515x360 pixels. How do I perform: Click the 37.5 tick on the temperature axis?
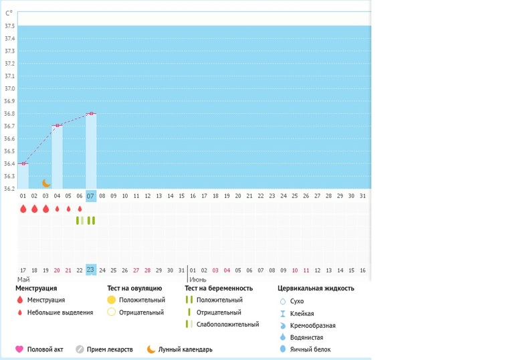click(x=9, y=26)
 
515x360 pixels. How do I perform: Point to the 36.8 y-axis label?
click(x=9, y=114)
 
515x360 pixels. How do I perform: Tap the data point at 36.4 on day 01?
click(x=23, y=163)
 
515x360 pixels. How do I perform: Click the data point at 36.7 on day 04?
click(x=58, y=126)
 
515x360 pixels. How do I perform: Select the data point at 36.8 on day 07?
click(x=91, y=114)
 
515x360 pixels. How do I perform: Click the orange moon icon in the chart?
click(x=46, y=183)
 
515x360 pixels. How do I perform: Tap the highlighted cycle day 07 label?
click(x=91, y=195)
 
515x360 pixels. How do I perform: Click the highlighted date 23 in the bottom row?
click(x=91, y=270)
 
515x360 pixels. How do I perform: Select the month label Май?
click(x=23, y=279)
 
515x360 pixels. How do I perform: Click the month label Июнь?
click(x=197, y=279)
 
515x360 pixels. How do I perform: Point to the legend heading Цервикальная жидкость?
click(x=316, y=288)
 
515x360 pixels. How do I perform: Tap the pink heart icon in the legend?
click(x=19, y=349)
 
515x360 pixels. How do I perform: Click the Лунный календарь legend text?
click(x=185, y=349)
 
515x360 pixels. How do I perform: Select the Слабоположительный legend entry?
click(x=227, y=325)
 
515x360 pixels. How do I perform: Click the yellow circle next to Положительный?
click(x=112, y=300)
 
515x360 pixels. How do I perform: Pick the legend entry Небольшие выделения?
click(x=60, y=312)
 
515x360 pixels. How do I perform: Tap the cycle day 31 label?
click(x=363, y=195)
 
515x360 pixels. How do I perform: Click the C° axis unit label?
click(x=9, y=13)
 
